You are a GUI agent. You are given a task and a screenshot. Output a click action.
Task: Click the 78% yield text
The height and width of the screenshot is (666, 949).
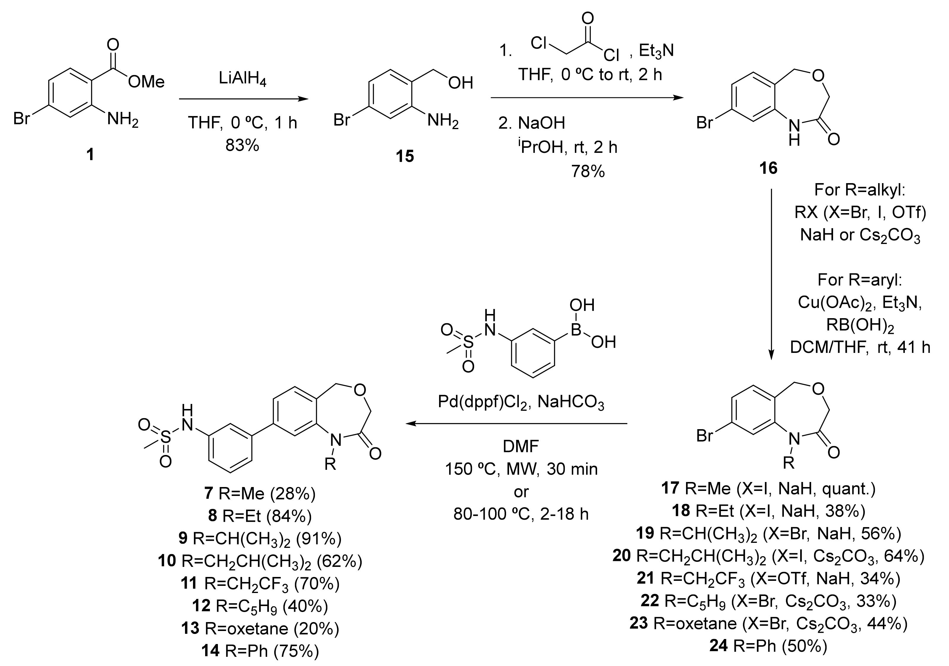point(588,171)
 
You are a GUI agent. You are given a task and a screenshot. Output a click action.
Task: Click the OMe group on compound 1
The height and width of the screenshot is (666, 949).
point(146,82)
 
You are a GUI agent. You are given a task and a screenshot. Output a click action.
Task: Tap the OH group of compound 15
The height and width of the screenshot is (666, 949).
point(460,83)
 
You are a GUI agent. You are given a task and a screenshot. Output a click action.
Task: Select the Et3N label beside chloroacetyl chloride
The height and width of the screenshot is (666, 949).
point(656,51)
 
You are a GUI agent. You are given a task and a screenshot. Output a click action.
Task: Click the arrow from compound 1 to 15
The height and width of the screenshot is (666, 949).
point(244,99)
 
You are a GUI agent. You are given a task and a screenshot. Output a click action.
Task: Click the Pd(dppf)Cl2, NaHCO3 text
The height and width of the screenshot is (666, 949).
point(521,402)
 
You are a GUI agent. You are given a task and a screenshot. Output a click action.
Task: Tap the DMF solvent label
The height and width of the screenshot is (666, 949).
point(521,446)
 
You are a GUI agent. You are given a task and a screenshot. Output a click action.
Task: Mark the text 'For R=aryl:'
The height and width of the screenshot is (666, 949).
point(860,280)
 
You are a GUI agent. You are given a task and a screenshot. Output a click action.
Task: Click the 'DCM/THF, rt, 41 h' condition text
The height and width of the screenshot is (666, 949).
point(860,348)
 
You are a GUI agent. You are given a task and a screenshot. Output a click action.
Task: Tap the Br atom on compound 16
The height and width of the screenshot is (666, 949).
point(705,123)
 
